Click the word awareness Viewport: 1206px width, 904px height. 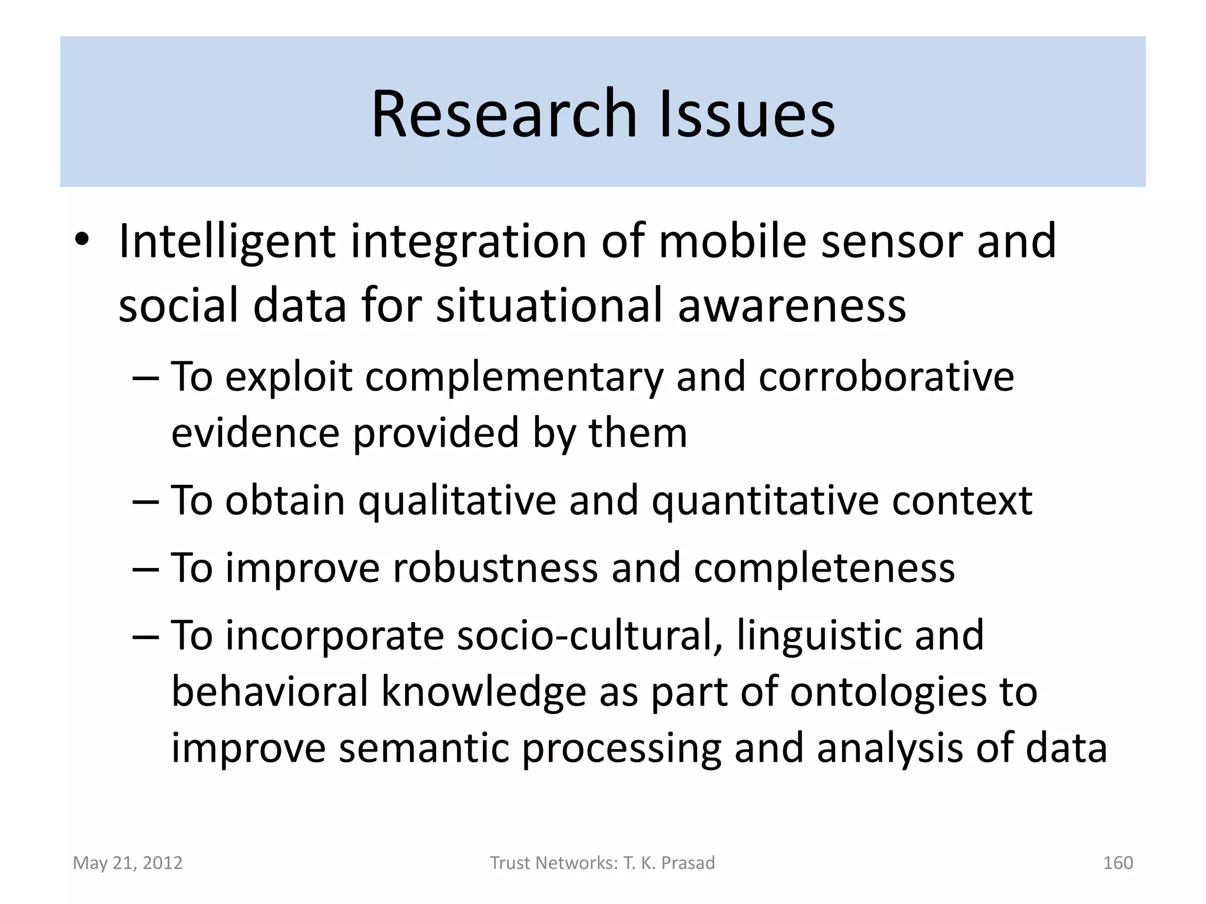(792, 306)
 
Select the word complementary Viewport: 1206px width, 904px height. (514, 377)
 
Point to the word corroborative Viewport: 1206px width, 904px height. (886, 377)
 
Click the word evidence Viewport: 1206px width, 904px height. (255, 433)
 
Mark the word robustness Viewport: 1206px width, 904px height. (495, 569)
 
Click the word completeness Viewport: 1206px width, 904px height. (824, 569)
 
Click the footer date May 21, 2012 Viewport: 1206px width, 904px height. (128, 863)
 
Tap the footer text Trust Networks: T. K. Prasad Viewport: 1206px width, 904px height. (602, 863)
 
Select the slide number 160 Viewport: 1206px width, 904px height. (1118, 863)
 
